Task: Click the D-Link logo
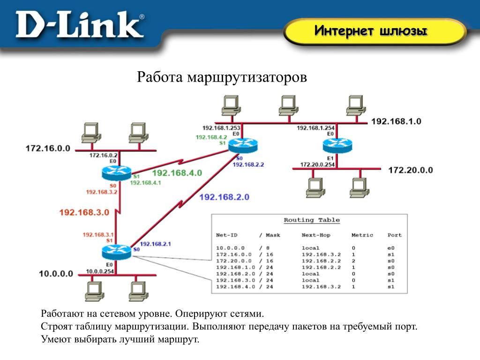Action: (80, 26)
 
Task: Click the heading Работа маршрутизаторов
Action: (222, 77)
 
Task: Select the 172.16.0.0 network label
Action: (47, 148)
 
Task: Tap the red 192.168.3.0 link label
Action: (84, 212)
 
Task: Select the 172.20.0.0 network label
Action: (411, 170)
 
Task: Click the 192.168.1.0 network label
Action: (396, 121)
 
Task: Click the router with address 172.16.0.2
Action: (116, 173)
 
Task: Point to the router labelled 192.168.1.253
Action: (243, 145)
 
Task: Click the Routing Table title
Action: (312, 220)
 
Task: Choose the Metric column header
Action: (362, 235)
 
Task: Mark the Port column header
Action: (394, 235)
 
